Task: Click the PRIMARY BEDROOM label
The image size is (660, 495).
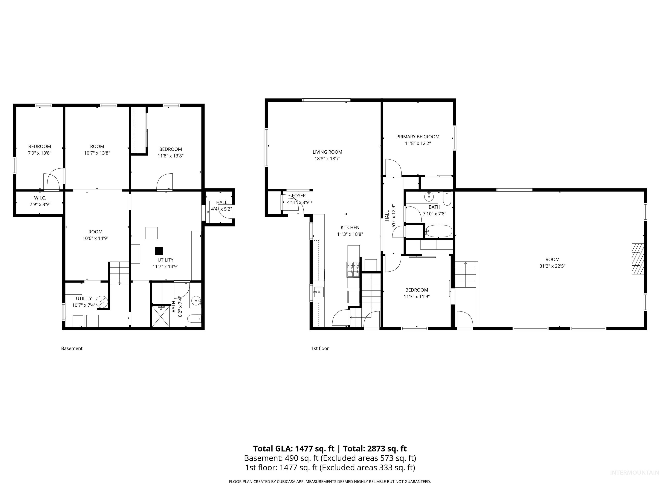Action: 417,137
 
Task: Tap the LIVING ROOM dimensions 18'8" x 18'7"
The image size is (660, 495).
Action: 327,159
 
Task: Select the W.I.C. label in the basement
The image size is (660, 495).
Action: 40,198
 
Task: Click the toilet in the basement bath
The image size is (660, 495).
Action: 194,319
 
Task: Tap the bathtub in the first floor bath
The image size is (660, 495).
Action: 439,231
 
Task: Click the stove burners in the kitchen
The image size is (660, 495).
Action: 353,269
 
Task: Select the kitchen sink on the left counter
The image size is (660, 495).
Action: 318,292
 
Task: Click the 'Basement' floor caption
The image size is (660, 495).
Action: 72,348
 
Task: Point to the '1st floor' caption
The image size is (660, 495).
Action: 320,348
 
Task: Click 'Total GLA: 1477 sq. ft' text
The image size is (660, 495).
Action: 294,448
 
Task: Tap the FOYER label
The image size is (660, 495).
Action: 299,196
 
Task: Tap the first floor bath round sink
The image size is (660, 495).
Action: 429,196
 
